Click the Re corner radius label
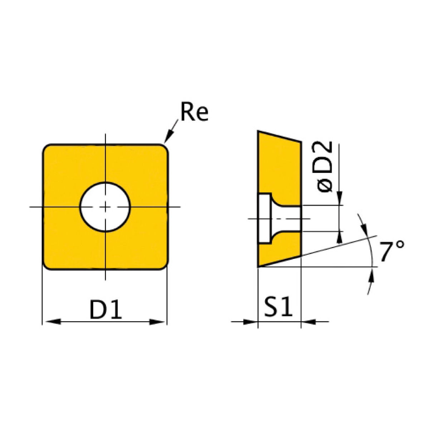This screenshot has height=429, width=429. tap(194, 112)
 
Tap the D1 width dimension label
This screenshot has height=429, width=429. tap(106, 309)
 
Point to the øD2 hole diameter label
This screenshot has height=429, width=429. tap(325, 167)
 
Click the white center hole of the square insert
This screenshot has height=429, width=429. tap(105, 207)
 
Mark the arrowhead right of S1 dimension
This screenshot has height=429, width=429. tap(309, 322)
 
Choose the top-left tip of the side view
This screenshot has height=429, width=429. tap(258, 132)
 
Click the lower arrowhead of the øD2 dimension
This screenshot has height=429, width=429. tap(339, 237)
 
